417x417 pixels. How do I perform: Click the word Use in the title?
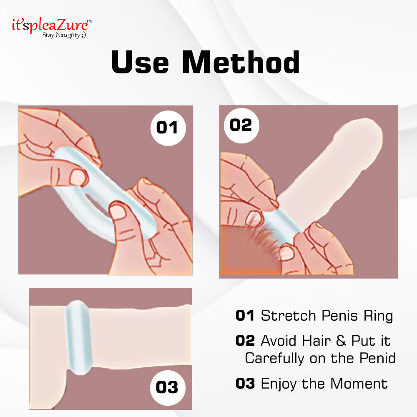click(x=140, y=63)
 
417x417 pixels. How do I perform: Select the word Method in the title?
click(x=241, y=63)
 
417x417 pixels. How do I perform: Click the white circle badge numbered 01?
click(x=167, y=127)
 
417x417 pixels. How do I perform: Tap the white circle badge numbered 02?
click(x=241, y=125)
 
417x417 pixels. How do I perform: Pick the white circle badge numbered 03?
click(x=167, y=387)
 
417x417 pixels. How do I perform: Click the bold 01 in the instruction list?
click(x=245, y=316)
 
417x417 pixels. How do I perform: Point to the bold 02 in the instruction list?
click(x=245, y=341)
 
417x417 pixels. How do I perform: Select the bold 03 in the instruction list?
click(x=245, y=383)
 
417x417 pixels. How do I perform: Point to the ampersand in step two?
click(x=342, y=341)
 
